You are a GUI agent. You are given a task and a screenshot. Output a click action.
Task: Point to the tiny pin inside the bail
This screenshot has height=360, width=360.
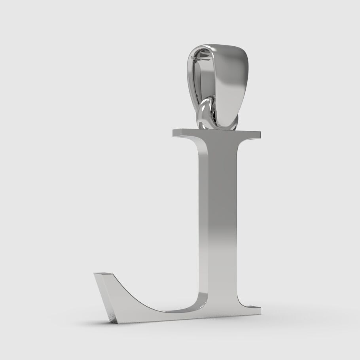tap(194, 58)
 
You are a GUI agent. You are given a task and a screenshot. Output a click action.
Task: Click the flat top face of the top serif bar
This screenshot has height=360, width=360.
tap(218, 131)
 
